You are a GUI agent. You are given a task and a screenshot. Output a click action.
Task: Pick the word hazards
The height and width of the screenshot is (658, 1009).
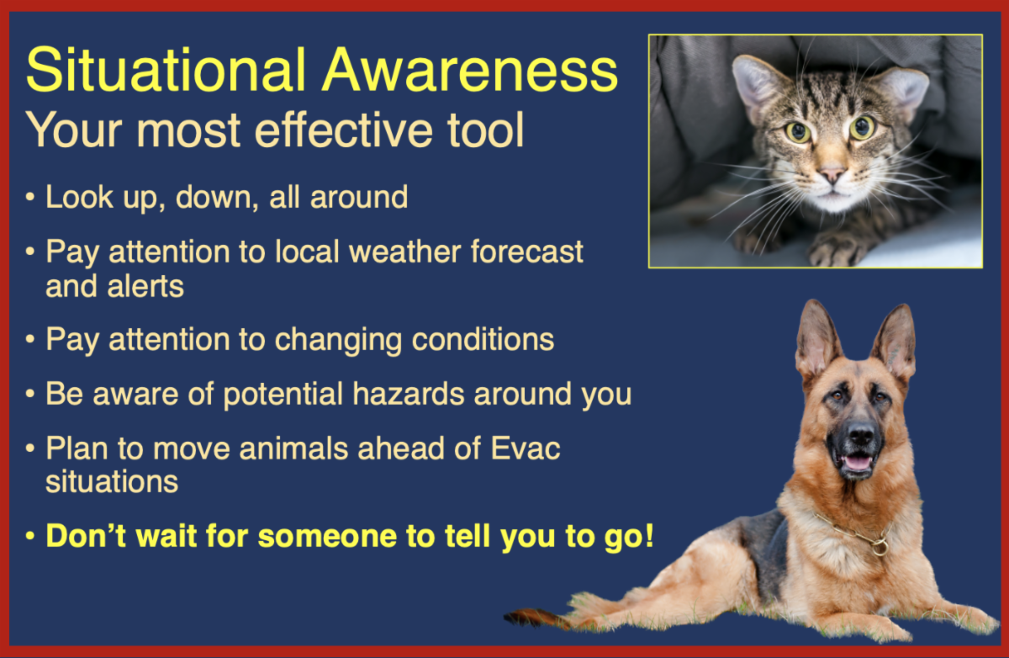coord(408,394)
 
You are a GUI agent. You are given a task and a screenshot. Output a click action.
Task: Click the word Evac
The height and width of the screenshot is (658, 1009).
coord(526,448)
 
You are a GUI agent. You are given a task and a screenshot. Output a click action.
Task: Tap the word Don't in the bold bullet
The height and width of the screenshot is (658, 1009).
coord(86,536)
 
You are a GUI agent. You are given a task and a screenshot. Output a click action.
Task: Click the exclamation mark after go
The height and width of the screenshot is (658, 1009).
coord(649,535)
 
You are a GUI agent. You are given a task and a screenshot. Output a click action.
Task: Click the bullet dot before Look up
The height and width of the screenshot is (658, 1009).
coord(30,197)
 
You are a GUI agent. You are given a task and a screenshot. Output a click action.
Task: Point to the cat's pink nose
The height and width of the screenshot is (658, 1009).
coord(832,173)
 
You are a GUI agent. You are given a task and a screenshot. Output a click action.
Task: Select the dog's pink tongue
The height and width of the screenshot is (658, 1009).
coord(857,463)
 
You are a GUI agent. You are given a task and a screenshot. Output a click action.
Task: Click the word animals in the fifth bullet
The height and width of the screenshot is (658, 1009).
coord(293,448)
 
